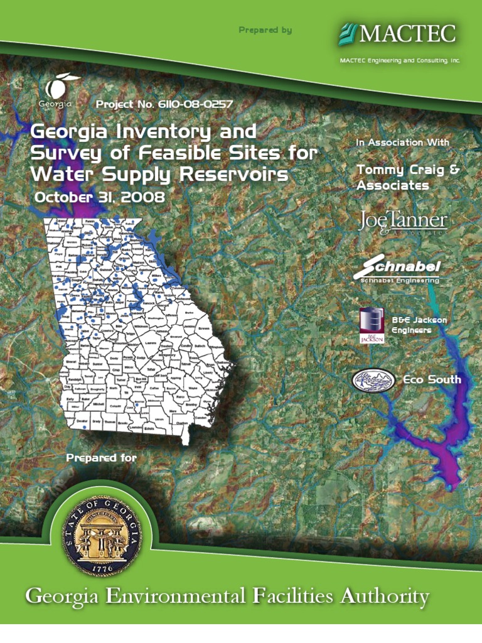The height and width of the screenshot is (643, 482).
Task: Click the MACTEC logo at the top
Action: pyautogui.click(x=397, y=33)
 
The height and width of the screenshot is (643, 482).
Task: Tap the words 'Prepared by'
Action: pyautogui.click(x=265, y=30)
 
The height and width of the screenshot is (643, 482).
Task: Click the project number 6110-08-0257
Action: pyautogui.click(x=165, y=104)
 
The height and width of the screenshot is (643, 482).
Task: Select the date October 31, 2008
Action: pyautogui.click(x=99, y=197)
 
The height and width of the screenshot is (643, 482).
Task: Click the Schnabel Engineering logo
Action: pyautogui.click(x=397, y=269)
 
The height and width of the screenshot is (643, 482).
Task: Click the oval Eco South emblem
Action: pyautogui.click(x=374, y=379)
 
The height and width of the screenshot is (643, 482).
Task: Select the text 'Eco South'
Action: pyautogui.click(x=432, y=379)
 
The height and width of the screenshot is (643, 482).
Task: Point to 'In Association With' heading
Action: pyautogui.click(x=402, y=143)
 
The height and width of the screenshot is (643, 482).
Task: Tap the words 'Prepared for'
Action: pyautogui.click(x=101, y=458)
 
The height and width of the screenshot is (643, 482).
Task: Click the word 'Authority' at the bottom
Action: pyautogui.click(x=385, y=597)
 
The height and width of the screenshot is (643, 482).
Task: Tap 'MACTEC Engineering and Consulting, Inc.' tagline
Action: pyautogui.click(x=400, y=60)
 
